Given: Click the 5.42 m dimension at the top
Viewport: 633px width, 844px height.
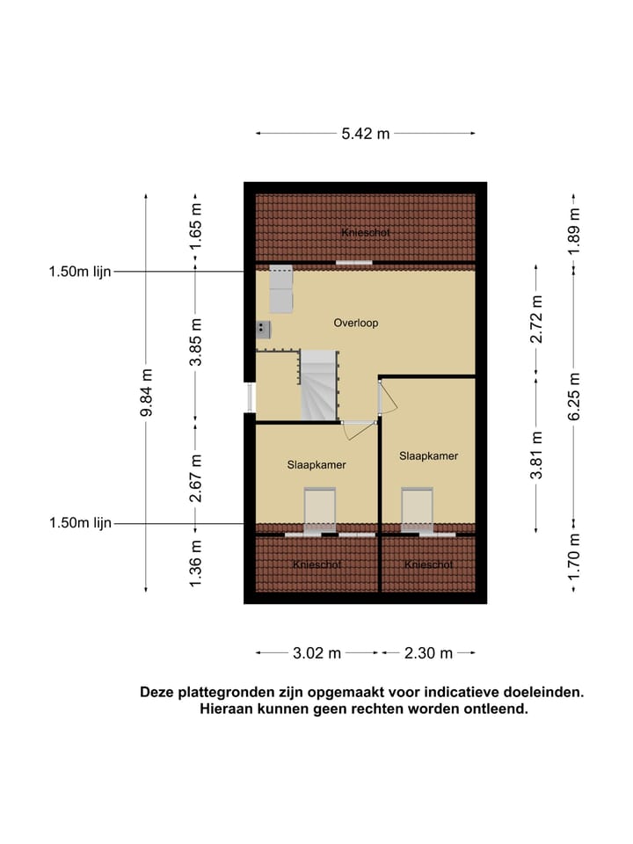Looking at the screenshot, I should (365, 134).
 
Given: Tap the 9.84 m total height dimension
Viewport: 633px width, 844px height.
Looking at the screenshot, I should (146, 393).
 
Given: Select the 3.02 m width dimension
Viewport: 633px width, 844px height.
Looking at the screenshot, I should (316, 653).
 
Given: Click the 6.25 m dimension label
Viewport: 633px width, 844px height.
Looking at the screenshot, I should (574, 397).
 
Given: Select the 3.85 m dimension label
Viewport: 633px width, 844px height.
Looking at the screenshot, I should (196, 342).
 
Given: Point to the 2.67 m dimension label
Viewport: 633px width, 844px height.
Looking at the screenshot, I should (196, 477).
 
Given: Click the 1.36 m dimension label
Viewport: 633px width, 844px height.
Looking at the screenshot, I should (196, 562).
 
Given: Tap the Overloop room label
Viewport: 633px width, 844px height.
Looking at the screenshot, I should (355, 323).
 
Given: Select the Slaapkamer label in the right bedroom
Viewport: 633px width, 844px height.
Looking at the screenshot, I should (428, 455).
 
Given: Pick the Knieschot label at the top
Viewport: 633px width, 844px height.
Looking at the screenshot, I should (365, 232).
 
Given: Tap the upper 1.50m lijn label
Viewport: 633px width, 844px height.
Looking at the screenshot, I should (80, 273).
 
